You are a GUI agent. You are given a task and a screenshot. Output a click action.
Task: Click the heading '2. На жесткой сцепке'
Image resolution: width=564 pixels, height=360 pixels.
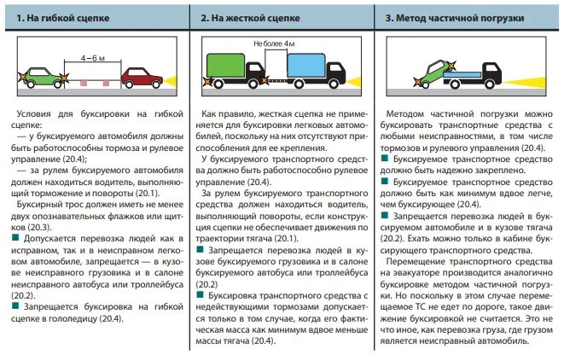pos(249,17)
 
